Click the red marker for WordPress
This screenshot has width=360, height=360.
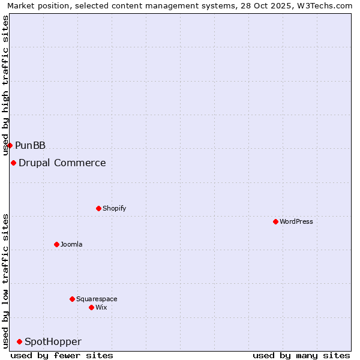click(275, 221)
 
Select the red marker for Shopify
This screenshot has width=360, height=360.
click(98, 208)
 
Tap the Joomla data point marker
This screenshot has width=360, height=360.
click(56, 244)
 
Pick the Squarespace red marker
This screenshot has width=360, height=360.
click(72, 299)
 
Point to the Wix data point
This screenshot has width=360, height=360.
click(91, 307)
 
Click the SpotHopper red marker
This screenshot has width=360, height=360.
click(19, 341)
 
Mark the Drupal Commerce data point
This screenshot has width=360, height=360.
click(13, 163)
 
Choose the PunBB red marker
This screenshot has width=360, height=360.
click(10, 145)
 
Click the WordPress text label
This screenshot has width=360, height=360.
click(296, 221)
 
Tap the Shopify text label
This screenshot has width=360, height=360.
click(114, 208)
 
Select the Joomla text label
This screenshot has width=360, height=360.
click(71, 244)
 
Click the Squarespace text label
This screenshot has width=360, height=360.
click(97, 299)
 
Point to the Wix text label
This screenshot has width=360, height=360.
click(101, 307)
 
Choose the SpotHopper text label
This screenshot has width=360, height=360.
click(53, 341)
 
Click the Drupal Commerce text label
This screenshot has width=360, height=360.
click(62, 163)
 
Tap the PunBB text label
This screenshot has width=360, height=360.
click(30, 145)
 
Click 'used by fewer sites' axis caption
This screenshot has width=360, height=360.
click(62, 355)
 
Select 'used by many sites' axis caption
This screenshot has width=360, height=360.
click(301, 355)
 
